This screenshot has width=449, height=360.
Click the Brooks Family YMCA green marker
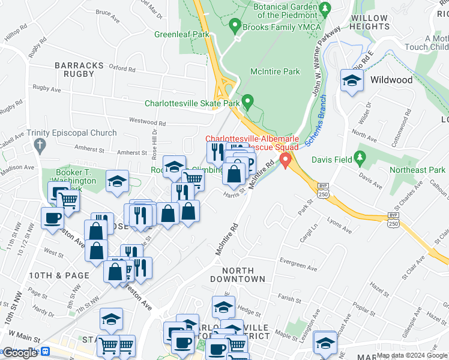(235, 26)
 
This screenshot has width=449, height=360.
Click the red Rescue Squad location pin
(285, 160)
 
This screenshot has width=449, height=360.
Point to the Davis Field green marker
(360, 159)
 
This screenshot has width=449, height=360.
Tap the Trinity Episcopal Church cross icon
(40, 145)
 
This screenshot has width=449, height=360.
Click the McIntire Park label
(274, 72)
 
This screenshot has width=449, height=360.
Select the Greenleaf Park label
(181, 34)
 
